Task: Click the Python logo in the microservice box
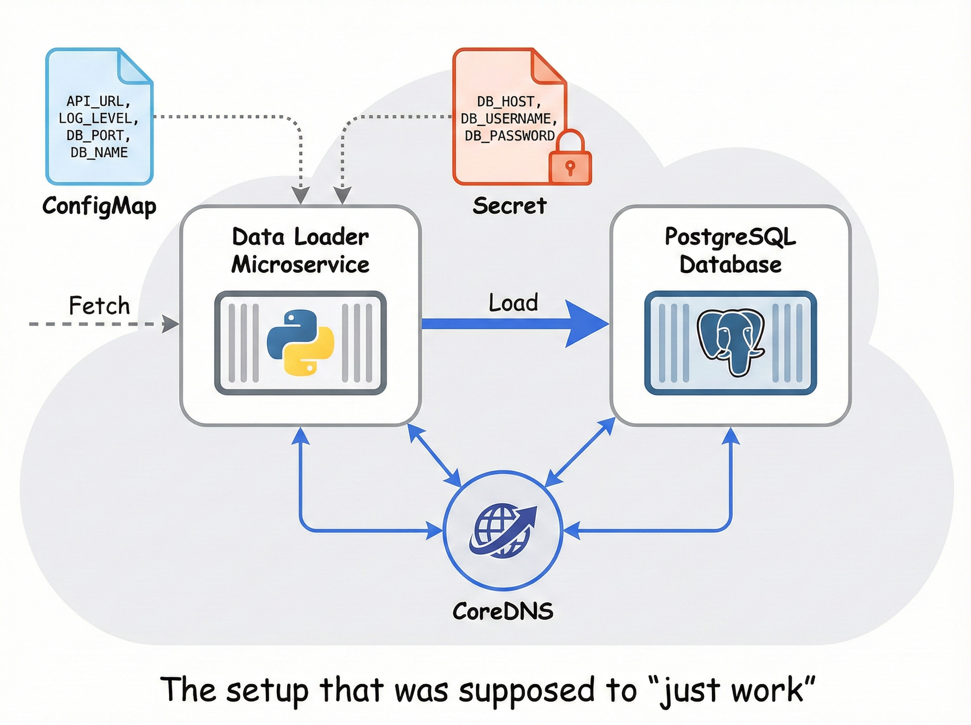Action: coord(301,343)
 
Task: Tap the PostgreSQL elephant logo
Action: coord(731,343)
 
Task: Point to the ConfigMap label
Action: coord(99,206)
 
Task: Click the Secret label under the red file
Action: coord(509,206)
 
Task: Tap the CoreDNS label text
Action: coord(503,611)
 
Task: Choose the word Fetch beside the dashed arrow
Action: coord(100,305)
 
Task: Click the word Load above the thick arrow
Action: coord(513,303)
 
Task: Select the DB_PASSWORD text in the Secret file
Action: coord(509,136)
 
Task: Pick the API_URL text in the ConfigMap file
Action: coord(98,102)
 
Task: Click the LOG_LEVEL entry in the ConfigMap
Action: coord(98,119)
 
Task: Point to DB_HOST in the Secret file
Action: coord(509,102)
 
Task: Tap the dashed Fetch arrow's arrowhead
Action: coord(170,324)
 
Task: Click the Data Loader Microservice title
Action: coord(301,250)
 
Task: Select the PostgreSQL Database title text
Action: coord(731,250)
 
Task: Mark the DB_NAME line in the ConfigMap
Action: coord(99,153)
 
